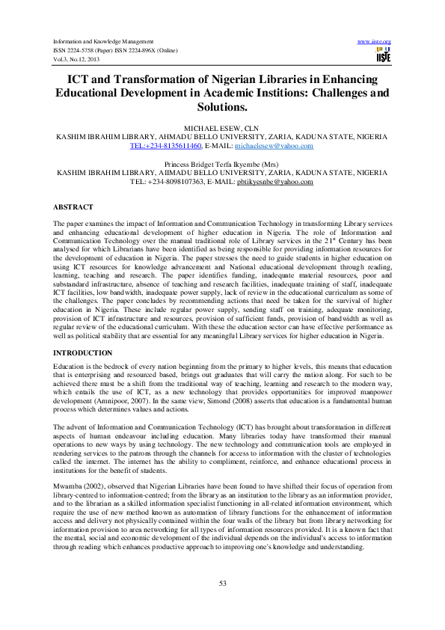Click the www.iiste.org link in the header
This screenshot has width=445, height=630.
(375, 40)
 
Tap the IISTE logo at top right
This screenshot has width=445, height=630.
(383, 54)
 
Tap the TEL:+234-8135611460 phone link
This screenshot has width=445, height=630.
(165, 146)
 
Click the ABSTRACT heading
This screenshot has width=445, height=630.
(73, 207)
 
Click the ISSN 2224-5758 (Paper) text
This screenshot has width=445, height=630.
(87, 49)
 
